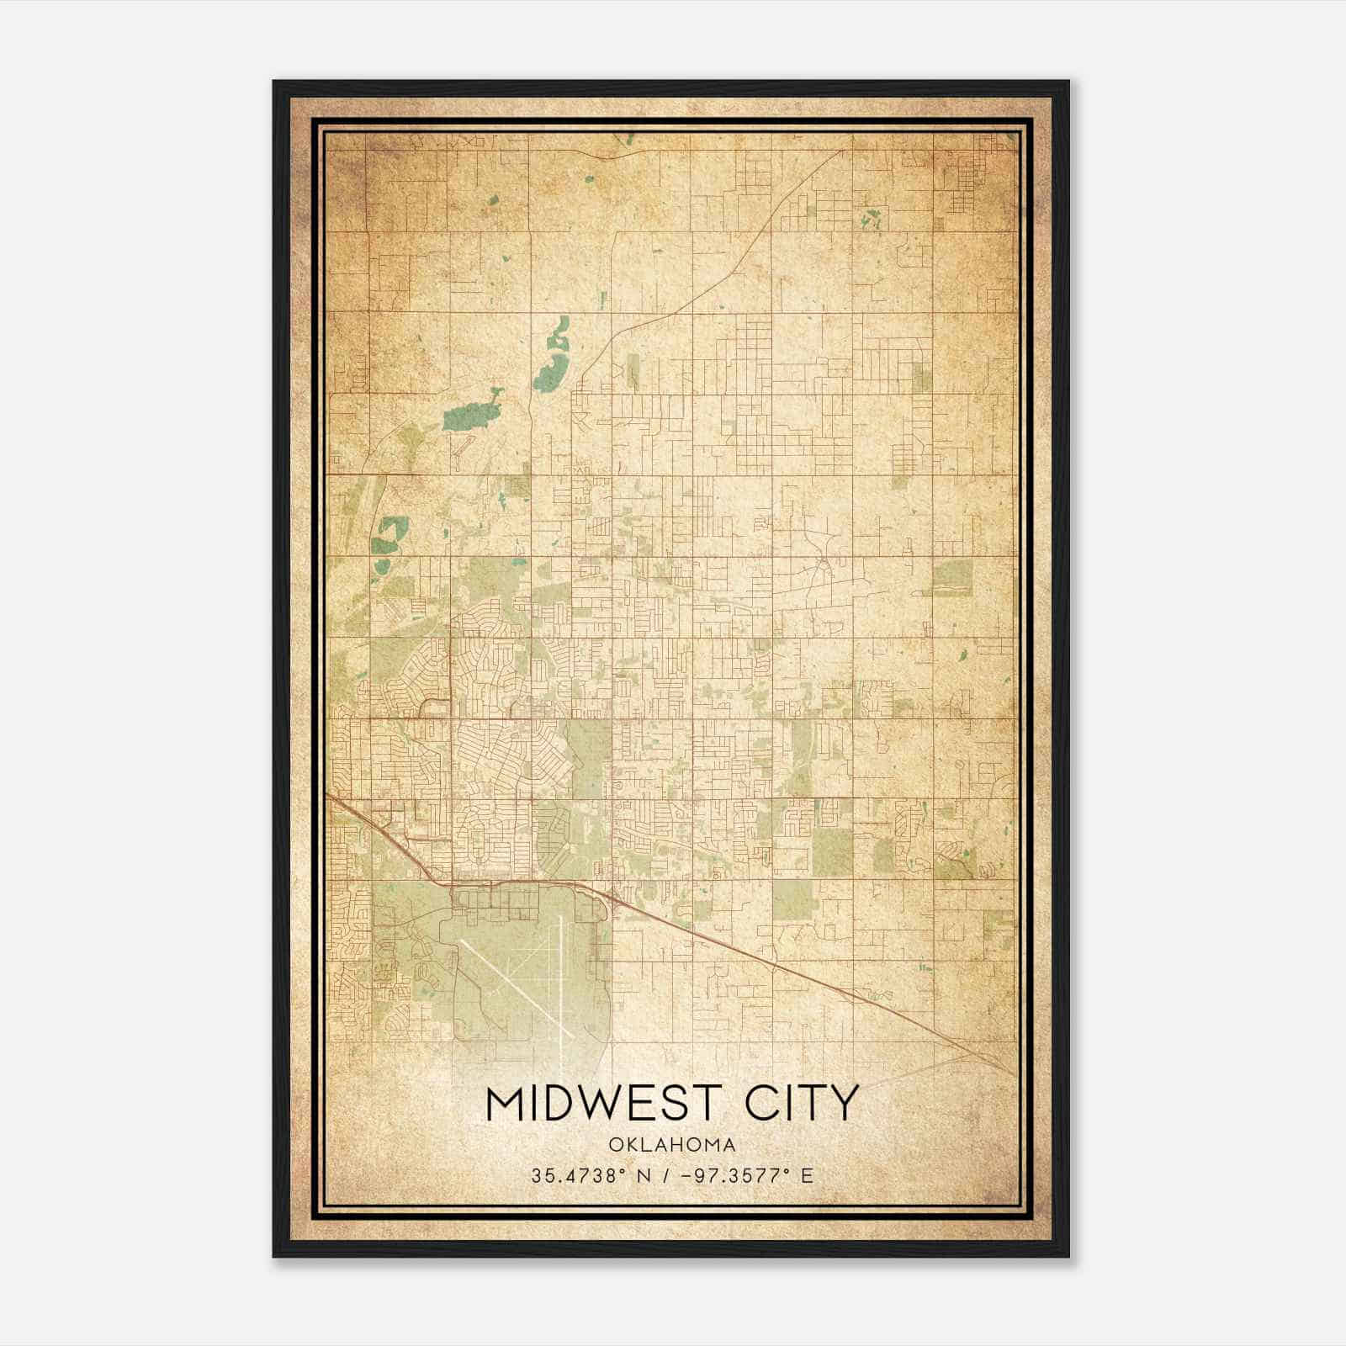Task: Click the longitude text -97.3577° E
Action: (x=749, y=1175)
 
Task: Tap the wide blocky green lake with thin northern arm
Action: (x=471, y=414)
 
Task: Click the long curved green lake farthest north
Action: (x=554, y=353)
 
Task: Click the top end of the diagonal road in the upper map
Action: (x=843, y=151)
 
